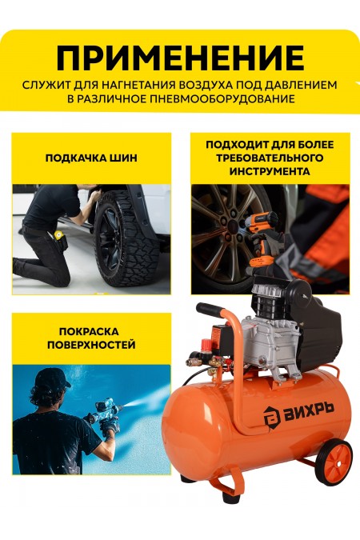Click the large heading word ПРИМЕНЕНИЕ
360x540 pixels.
click(180, 58)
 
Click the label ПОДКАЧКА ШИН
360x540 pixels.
click(91, 158)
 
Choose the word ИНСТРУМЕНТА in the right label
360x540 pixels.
click(270, 171)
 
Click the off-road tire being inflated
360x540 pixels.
click(128, 240)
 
